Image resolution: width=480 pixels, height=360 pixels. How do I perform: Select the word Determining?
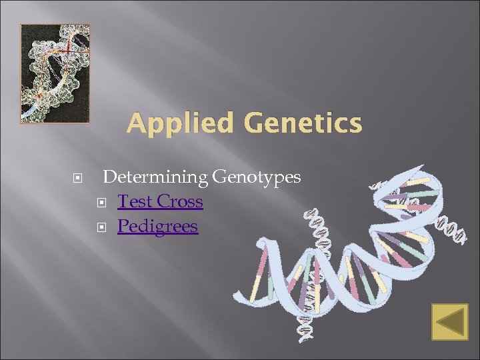pos(155,177)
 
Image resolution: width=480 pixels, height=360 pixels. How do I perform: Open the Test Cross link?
pos(160,201)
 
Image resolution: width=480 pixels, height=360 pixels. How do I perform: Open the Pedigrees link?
pos(158,227)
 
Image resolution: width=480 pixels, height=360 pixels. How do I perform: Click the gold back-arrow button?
pos(449,323)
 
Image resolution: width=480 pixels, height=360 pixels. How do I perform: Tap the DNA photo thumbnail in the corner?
pos(55,73)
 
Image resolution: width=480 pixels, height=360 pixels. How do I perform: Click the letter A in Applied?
pos(135,123)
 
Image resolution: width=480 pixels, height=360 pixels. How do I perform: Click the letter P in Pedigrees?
pos(122,226)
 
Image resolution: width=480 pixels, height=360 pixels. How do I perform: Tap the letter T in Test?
pos(123,201)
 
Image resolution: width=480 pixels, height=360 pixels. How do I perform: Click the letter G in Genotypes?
pos(219,177)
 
